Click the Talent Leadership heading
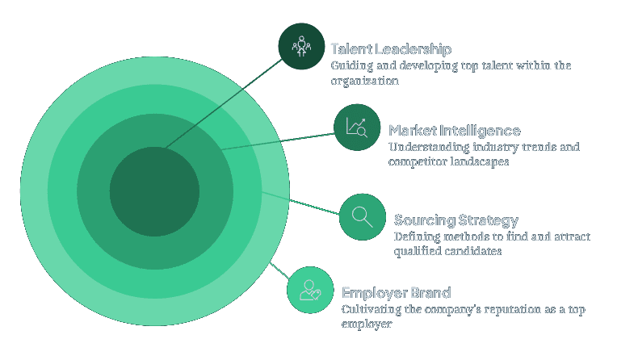[391, 49]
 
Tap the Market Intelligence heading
[454, 130]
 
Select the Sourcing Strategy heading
[455, 220]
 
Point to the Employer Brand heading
[396, 292]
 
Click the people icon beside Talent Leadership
[301, 46]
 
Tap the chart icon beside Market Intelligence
[357, 128]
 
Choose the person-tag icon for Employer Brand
[311, 290]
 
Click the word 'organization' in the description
[364, 81]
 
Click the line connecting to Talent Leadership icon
[226, 102]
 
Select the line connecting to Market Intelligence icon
[279, 140]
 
